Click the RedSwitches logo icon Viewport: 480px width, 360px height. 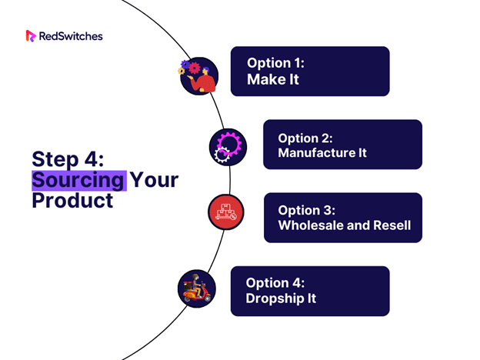point(31,36)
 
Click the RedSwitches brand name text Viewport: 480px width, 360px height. point(71,36)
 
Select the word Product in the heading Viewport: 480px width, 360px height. point(72,201)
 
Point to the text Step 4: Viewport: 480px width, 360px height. point(68,159)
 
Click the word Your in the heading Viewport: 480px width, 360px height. point(154,180)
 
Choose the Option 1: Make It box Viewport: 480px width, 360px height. point(310,72)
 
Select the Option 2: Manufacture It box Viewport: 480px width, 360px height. point(342,145)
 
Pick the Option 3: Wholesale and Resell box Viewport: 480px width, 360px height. point(343,218)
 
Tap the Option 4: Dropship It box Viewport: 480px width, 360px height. point(310,291)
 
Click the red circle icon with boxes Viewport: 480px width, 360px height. point(226,212)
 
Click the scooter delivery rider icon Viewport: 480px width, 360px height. point(197,288)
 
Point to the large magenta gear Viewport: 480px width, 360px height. point(229,143)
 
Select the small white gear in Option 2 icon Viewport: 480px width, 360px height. point(222,155)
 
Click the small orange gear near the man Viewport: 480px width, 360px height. point(182,71)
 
